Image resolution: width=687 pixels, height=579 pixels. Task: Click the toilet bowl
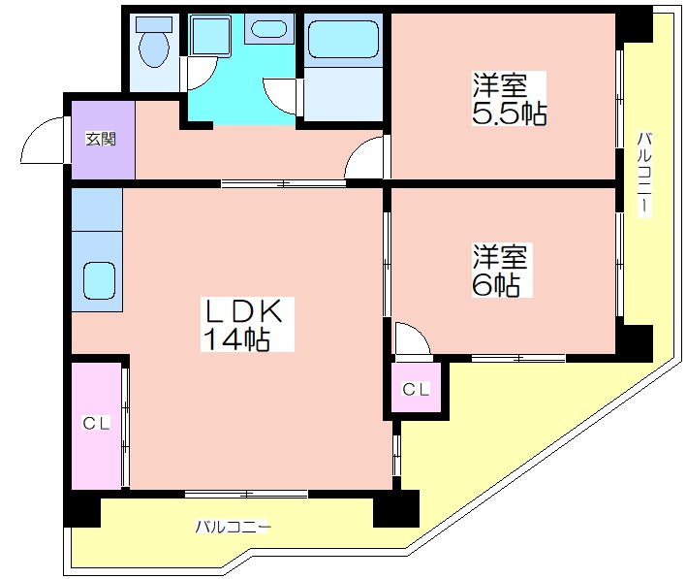click(x=154, y=49)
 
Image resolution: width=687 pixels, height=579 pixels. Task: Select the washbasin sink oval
click(x=268, y=28)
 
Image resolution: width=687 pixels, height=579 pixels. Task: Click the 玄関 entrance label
click(x=101, y=139)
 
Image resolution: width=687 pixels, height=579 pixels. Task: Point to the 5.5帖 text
click(x=509, y=114)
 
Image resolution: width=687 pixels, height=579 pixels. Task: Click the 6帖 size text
click(x=496, y=286)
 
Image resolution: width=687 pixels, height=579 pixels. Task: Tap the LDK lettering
click(x=243, y=311)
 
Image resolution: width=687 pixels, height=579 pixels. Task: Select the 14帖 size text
click(x=236, y=338)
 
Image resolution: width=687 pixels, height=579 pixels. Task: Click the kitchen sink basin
click(x=100, y=280)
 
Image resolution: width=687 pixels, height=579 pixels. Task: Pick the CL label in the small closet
click(x=417, y=389)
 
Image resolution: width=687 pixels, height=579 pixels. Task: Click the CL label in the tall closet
click(x=96, y=423)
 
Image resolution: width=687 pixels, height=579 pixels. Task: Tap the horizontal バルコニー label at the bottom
click(x=233, y=526)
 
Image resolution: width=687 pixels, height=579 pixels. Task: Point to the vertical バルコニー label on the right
click(x=644, y=174)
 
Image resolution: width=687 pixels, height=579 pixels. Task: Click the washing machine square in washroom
click(x=211, y=35)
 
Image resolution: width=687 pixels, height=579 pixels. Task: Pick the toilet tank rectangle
click(x=154, y=24)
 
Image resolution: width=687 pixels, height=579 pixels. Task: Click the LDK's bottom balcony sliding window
click(x=246, y=494)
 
